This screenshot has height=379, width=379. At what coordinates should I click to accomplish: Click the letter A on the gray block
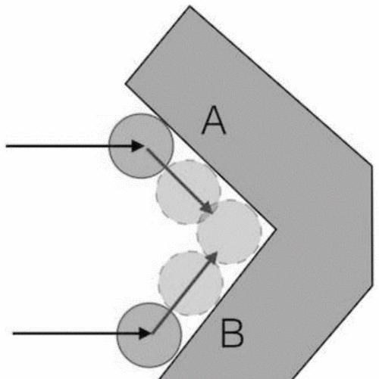(x=214, y=120)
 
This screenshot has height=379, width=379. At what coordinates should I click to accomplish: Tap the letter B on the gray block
(x=232, y=333)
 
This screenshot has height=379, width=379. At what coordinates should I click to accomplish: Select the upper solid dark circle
(x=141, y=146)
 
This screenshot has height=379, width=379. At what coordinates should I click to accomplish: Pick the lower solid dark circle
(x=149, y=335)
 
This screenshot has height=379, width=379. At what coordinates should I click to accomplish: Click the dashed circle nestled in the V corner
(x=229, y=231)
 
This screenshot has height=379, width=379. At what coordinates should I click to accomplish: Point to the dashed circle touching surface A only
(x=188, y=192)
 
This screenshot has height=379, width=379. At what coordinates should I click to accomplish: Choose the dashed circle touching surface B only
(x=191, y=284)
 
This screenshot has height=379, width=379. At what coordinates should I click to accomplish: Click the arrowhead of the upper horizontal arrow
(x=138, y=146)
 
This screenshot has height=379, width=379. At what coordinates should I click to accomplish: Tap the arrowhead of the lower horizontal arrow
(x=146, y=334)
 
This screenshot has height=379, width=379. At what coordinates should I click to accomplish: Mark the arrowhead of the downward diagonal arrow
(x=207, y=207)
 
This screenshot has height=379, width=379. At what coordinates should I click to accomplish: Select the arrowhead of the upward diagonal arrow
(x=211, y=257)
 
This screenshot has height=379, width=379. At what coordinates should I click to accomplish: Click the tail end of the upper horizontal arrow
(x=6, y=146)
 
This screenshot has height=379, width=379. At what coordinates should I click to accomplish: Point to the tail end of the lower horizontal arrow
(x=13, y=334)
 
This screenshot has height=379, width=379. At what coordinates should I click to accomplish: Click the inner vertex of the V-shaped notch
(x=276, y=229)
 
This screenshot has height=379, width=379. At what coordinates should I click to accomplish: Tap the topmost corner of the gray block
(x=189, y=6)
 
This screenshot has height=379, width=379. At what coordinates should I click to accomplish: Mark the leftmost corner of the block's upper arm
(x=126, y=83)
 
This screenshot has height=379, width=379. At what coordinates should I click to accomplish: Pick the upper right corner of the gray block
(x=371, y=166)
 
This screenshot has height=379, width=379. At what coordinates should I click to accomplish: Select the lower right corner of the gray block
(x=372, y=285)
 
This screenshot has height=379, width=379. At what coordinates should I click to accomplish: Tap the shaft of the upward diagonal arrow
(x=183, y=295)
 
